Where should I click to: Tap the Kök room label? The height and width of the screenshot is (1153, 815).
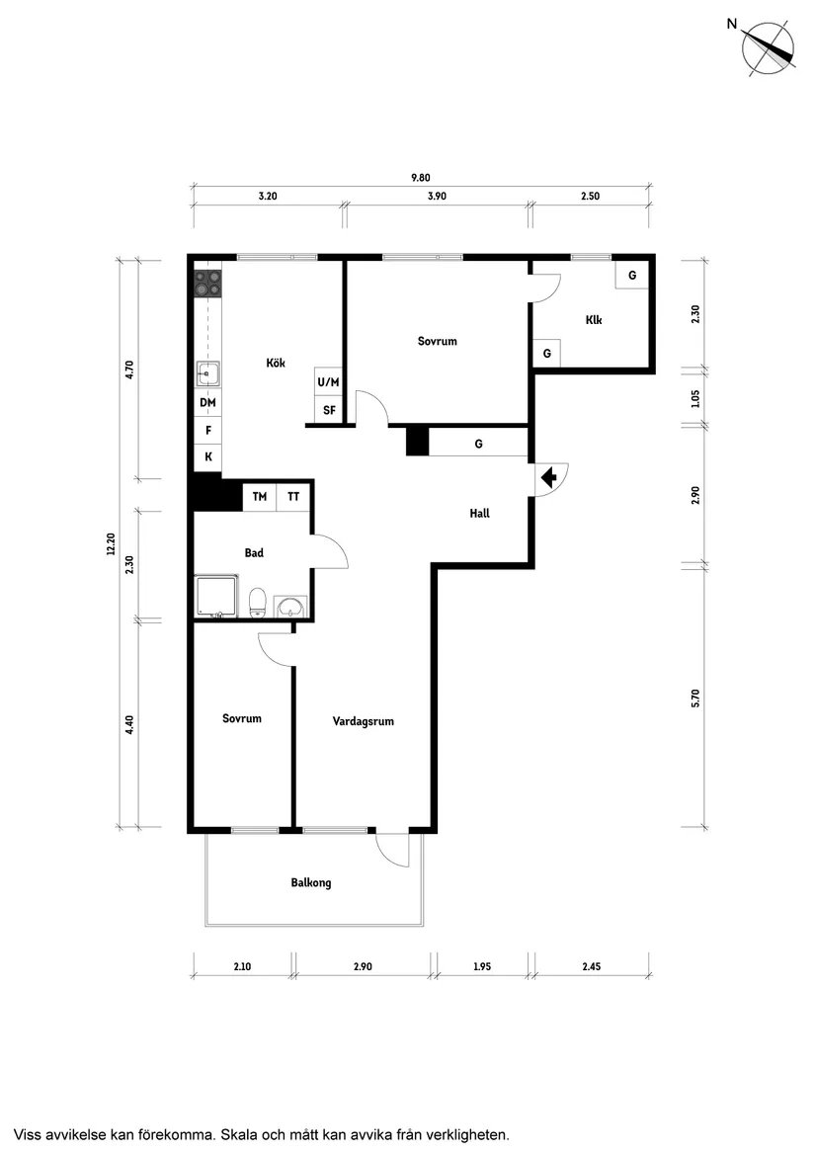coord(276,363)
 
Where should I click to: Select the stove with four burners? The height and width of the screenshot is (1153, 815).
coord(208,284)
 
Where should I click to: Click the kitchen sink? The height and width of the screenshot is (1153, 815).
coord(208,373)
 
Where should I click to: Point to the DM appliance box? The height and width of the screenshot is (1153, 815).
coord(208,403)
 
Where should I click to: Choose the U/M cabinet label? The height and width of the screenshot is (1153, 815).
coord(329,382)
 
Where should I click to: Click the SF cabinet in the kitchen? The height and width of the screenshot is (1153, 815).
coord(329,410)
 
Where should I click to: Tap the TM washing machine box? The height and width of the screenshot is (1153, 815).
coord(260,497)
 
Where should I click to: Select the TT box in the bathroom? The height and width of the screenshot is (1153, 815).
coord(293,497)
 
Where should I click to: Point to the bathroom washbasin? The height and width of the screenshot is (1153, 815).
coord(292,608)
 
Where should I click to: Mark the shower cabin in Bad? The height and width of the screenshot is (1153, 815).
coord(217,597)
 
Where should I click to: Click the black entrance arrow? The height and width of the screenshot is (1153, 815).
coord(548,479)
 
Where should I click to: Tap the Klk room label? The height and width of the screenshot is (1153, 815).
coord(594,320)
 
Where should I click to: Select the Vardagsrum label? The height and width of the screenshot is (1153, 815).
coord(364,721)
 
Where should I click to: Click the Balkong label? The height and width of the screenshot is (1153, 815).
coord(311,882)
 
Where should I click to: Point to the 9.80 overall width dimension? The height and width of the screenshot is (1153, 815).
coord(421,177)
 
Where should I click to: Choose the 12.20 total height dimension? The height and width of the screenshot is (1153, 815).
coord(111,543)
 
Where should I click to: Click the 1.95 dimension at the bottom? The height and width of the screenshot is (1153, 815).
coord(482,966)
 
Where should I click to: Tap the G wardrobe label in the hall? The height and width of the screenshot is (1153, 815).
coord(479,445)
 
